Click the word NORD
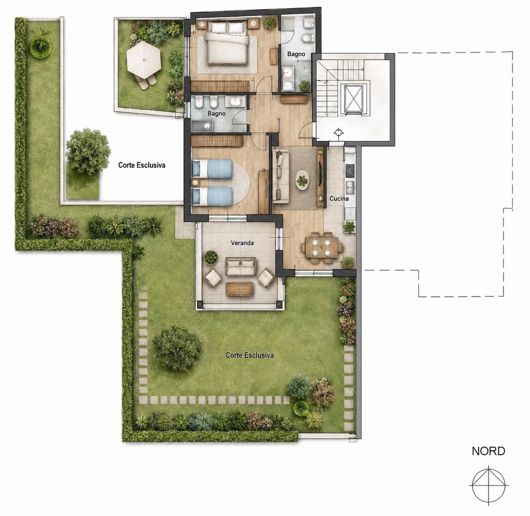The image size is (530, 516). [x=488, y=451]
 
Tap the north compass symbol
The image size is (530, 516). [x=489, y=486]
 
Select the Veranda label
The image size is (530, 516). [x=242, y=243]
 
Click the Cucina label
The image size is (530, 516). [x=339, y=198]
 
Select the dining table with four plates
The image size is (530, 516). [x=322, y=247]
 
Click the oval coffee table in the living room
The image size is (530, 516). [x=302, y=180]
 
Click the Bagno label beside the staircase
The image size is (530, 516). [x=296, y=54]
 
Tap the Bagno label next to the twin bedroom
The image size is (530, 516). [x=216, y=113]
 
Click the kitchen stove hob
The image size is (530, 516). [x=350, y=171]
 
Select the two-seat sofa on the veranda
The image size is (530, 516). [x=240, y=266]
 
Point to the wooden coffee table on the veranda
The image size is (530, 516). [x=239, y=288]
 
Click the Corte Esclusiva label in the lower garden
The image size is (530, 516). [x=250, y=356]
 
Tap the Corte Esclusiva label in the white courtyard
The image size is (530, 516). [x=142, y=165]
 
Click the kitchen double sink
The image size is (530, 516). [x=350, y=187]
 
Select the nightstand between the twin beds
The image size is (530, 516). [x=195, y=182]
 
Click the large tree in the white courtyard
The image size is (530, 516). [x=88, y=152]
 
